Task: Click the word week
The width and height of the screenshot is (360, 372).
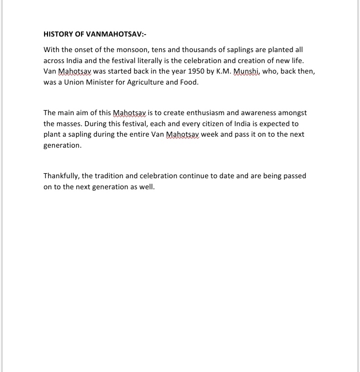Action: (x=209, y=135)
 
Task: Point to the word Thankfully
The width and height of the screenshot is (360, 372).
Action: (x=61, y=176)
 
